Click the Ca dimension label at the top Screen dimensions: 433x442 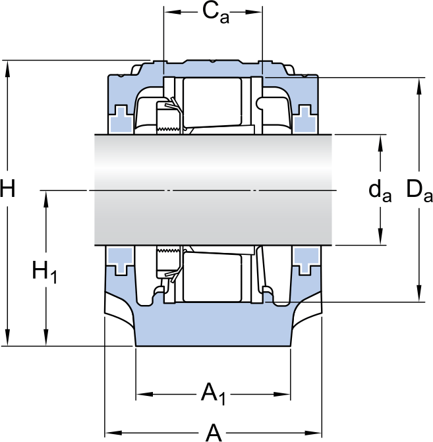pos(216,14)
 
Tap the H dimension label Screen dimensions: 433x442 pos(8,188)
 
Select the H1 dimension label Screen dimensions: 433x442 pos(45,272)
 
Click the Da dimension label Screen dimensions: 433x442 pos(419,191)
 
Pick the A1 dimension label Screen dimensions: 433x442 pos(214,393)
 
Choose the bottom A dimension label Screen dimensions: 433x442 pos(214,432)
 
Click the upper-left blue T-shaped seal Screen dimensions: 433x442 pos(121,119)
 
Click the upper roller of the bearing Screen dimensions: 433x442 pos(212,101)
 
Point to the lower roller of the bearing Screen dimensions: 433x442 pos(212,277)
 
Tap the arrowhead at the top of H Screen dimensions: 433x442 pos(8,69)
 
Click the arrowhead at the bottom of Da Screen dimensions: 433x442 pos(419,293)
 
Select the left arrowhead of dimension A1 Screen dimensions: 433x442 pos(144,394)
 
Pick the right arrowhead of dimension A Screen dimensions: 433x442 pos(313,432)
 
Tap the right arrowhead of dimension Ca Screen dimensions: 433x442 pos(254,12)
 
